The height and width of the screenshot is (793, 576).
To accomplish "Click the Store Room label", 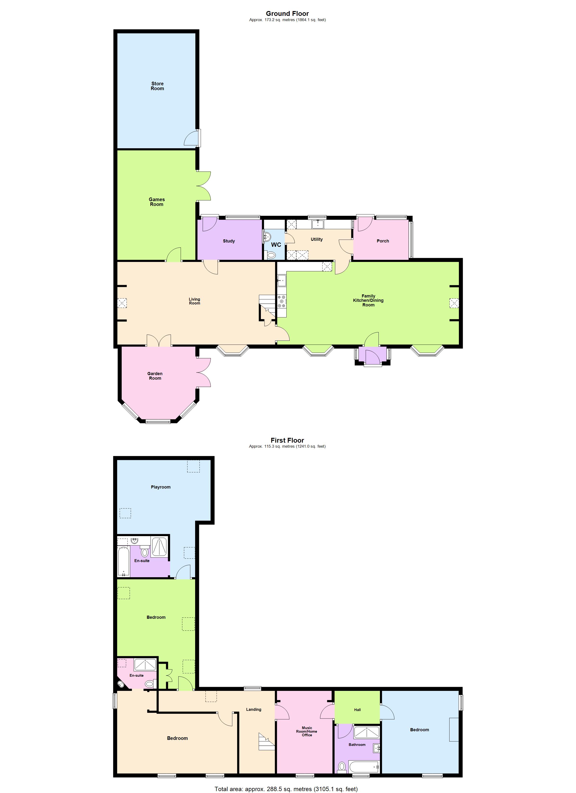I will [157, 86].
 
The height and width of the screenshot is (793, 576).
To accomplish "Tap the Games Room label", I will [156, 202].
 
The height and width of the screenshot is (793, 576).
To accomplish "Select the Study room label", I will [229, 241].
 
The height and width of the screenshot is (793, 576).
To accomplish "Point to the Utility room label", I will [317, 239].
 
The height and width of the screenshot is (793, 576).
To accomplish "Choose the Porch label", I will [383, 241].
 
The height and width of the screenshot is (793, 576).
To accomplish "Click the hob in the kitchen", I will [282, 301].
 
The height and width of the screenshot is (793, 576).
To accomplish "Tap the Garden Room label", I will [155, 376].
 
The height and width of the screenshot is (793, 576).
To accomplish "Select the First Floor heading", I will [287, 440].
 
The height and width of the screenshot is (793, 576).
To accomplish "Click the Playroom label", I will [161, 487].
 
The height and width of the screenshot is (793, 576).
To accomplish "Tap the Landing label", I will [254, 709].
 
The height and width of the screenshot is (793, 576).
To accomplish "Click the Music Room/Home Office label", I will [307, 731].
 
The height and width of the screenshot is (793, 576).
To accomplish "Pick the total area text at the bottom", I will [286, 789].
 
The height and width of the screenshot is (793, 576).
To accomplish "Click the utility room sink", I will [317, 223].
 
